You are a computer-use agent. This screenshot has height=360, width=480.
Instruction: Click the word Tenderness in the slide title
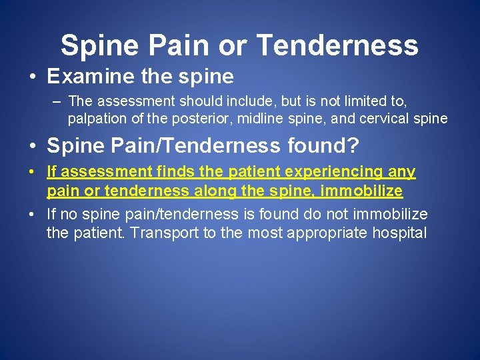[337, 45]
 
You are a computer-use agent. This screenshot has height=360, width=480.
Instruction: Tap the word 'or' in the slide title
[234, 45]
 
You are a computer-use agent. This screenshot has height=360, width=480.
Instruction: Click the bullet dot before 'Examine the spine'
[33, 77]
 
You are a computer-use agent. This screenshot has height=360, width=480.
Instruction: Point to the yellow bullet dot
[33, 173]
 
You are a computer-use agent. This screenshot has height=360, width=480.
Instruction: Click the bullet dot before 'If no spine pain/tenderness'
[33, 215]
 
